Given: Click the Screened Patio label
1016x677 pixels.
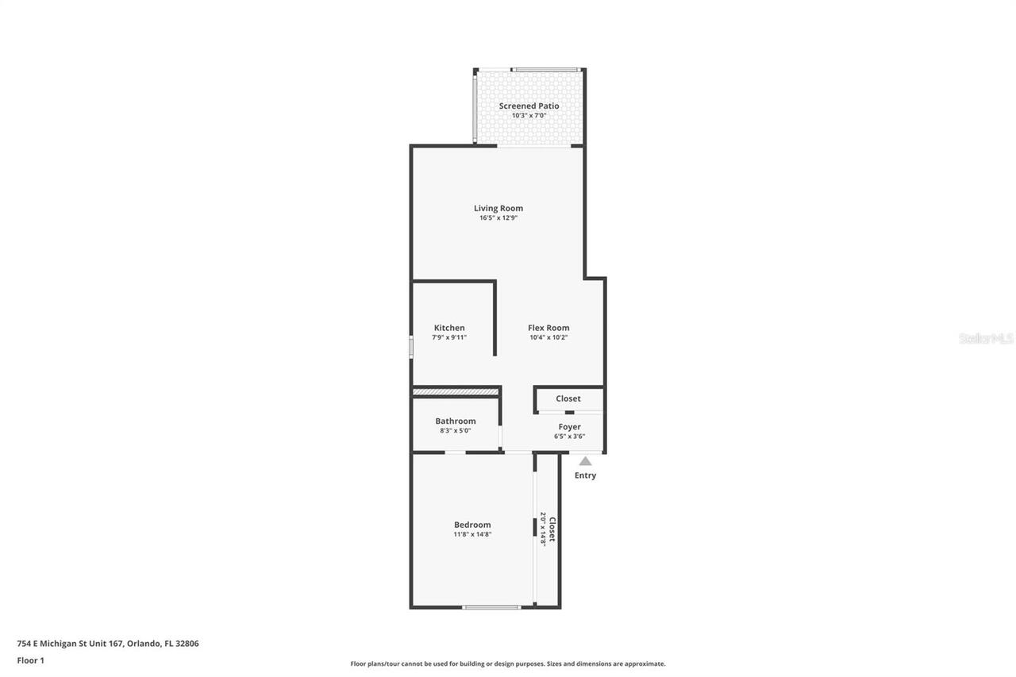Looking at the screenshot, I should click(529, 106).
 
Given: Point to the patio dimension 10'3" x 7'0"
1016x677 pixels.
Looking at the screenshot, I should click(529, 116).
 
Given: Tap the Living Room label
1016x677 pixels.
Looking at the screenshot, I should click(498, 208).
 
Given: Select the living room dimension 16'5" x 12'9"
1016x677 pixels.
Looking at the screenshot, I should click(498, 218).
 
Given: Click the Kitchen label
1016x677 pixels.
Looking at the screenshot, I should click(449, 328).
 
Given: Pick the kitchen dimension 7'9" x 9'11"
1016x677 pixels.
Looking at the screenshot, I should click(449, 337).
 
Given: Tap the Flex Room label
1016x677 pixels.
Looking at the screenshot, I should click(548, 328).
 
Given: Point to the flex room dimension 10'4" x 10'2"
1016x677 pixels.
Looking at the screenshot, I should click(548, 337).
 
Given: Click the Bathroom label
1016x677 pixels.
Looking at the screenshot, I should click(456, 421).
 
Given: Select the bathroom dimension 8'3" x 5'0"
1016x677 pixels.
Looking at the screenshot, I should click(456, 431).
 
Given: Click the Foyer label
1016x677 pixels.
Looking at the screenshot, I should click(569, 427).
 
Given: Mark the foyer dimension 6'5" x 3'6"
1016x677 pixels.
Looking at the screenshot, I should click(569, 437).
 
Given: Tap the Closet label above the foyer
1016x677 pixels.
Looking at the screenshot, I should click(568, 398).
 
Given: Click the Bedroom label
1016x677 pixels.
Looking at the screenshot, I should click(472, 525).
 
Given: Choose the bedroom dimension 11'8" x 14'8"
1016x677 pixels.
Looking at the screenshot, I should click(472, 534).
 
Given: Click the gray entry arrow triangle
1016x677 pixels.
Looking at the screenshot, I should click(585, 461).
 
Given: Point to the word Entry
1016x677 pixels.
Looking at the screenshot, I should click(585, 475).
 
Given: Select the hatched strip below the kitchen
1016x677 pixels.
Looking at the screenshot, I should click(456, 391).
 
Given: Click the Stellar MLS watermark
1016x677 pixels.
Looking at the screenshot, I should click(986, 338).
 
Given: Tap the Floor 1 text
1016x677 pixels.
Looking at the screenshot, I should click(30, 660).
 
